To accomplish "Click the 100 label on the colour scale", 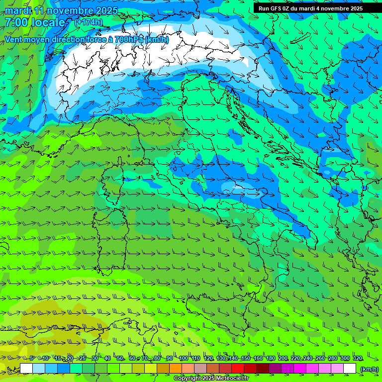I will [184, 359].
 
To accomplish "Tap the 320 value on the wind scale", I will [357, 359].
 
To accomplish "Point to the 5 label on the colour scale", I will [32, 359].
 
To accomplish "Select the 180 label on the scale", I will [270, 359].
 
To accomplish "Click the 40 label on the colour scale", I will [107, 359].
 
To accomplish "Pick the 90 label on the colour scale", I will [170, 359].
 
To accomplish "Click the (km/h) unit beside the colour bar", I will [369, 369].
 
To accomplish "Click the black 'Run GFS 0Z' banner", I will [310, 8].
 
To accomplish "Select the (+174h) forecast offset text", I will [88, 22].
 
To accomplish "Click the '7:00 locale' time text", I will [35, 22].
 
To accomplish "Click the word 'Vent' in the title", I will [14, 39].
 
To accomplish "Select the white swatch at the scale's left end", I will [26, 369].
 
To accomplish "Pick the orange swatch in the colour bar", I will [175, 369].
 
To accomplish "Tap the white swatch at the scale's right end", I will [350, 369].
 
